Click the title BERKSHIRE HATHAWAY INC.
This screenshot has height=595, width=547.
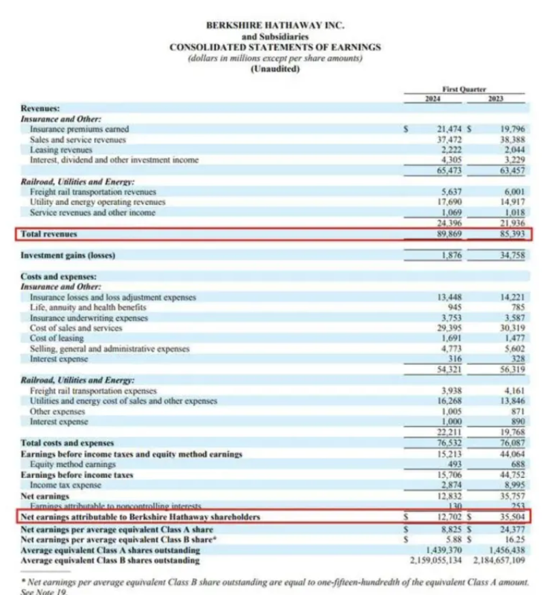pyautogui.click(x=275, y=25)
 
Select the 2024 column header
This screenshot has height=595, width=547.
pyautogui.click(x=433, y=99)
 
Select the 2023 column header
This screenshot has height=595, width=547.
pyautogui.click(x=495, y=99)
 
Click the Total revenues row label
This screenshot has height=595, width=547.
pyautogui.click(x=49, y=234)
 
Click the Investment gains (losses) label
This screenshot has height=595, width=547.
pyautogui.click(x=68, y=255)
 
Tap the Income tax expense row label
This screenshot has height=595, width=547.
pyautogui.click(x=65, y=485)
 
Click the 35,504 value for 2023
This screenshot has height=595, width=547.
pyautogui.click(x=512, y=518)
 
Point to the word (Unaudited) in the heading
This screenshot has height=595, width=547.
pyautogui.click(x=275, y=69)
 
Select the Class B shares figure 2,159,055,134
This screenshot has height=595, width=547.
pyautogui.click(x=437, y=560)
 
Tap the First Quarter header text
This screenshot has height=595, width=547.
pyautogui.click(x=464, y=89)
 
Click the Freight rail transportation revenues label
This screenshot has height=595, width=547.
pyautogui.click(x=93, y=192)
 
